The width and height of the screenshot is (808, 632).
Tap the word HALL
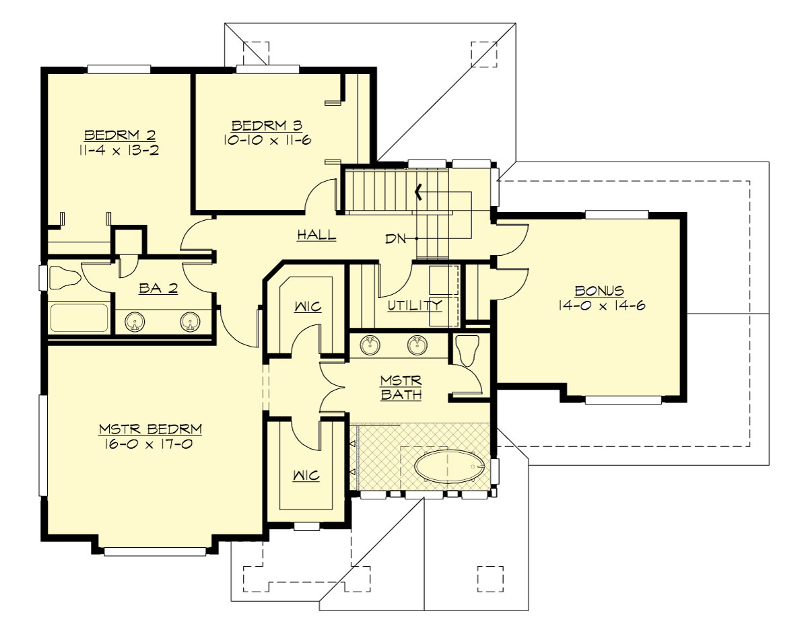pyautogui.click(x=316, y=236)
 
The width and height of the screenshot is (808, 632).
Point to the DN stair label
pyautogui.click(x=395, y=239)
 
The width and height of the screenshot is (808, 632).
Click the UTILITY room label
pyautogui.click(x=415, y=305)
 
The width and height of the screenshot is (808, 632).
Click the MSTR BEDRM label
pyautogui.click(x=150, y=429)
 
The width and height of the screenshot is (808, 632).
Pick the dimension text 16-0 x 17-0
pyautogui.click(x=150, y=444)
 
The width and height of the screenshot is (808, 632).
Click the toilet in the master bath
pyautogui.click(x=467, y=350)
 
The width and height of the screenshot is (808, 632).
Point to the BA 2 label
pyautogui.click(x=158, y=289)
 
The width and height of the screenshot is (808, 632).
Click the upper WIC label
pyautogui.click(x=307, y=307)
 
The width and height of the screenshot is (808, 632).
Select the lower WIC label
pyautogui.click(x=306, y=476)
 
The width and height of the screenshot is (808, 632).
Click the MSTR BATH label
pyautogui.click(x=401, y=388)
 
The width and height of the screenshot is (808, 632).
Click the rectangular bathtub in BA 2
pyautogui.click(x=79, y=318)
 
